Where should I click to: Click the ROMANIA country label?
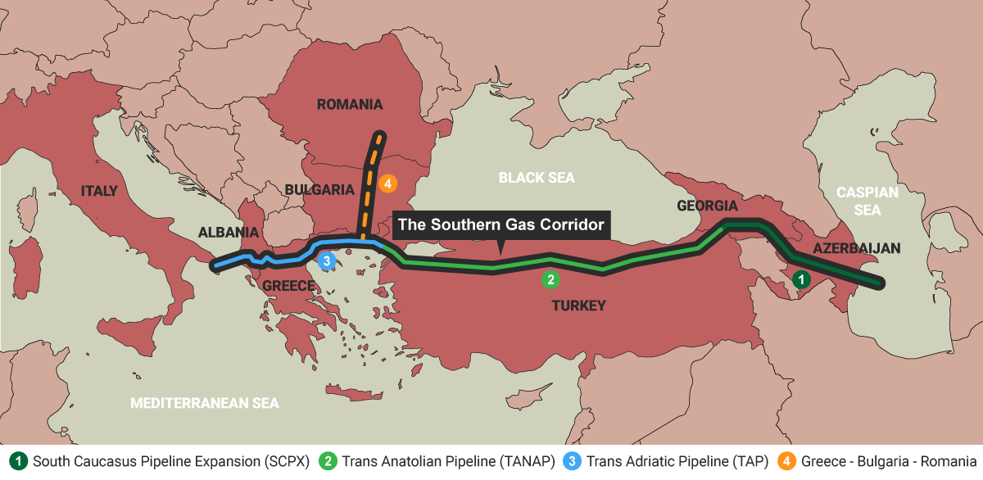click(x=350, y=104)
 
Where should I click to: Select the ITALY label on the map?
click(x=99, y=191)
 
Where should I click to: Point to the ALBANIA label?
click(x=229, y=233)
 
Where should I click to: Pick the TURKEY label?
click(x=578, y=306)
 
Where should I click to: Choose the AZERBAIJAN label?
click(x=857, y=248)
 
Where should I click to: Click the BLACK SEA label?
click(x=537, y=177)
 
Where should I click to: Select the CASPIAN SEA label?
click(x=867, y=201)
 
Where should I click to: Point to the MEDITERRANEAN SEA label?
click(x=205, y=403)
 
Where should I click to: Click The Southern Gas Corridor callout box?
click(x=501, y=224)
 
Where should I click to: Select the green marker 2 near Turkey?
click(x=550, y=279)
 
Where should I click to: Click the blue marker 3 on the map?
click(x=326, y=261)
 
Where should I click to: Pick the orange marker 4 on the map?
click(x=388, y=183)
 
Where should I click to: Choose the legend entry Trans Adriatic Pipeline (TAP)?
click(x=668, y=461)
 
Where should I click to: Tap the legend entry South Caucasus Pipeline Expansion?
click(x=161, y=461)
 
